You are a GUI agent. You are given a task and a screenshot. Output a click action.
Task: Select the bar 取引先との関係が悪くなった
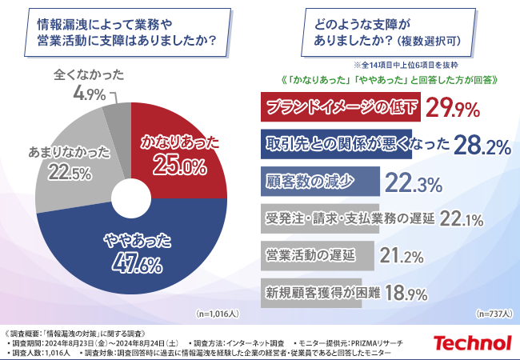tap(337, 145)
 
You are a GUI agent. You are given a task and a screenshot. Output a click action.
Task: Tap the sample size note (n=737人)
tap(494, 314)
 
